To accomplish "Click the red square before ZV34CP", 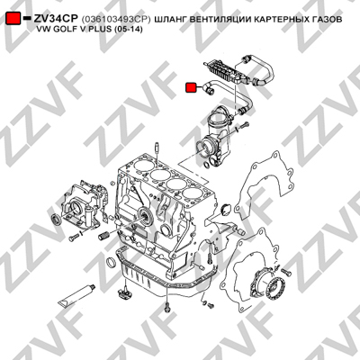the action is pyautogui.click(x=13, y=19).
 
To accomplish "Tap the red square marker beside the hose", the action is pyautogui.click(x=191, y=87).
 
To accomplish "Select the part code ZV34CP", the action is pyautogui.click(x=56, y=19).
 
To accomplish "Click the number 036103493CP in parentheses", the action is pyautogui.click(x=116, y=20).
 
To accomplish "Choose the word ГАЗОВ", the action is pyautogui.click(x=328, y=20).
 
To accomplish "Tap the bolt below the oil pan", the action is pyautogui.click(x=166, y=307).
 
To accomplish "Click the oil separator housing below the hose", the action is pyautogui.click(x=216, y=137).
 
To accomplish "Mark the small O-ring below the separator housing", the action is pyautogui.click(x=206, y=166).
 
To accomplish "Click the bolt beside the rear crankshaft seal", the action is pyautogui.click(x=286, y=272).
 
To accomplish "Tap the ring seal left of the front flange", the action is pyautogui.click(x=56, y=218).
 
